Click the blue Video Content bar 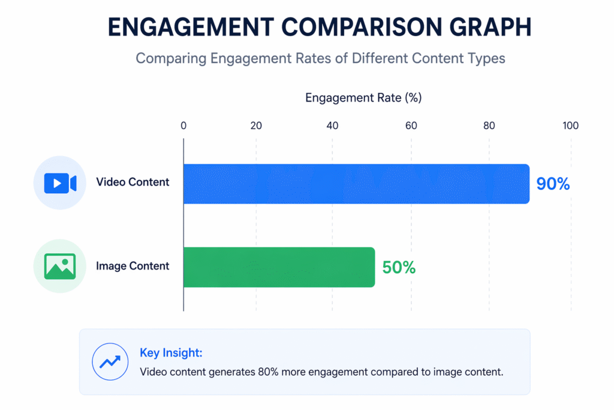[356, 184]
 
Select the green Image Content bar [279, 267]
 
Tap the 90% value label [553, 184]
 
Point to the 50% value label [399, 268]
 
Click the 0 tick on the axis [183, 125]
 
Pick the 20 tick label [256, 125]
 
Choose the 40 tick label [332, 125]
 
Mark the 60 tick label [411, 125]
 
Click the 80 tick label [489, 125]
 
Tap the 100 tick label [570, 125]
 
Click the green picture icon [59, 266]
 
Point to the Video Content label [133, 182]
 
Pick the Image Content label [133, 266]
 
